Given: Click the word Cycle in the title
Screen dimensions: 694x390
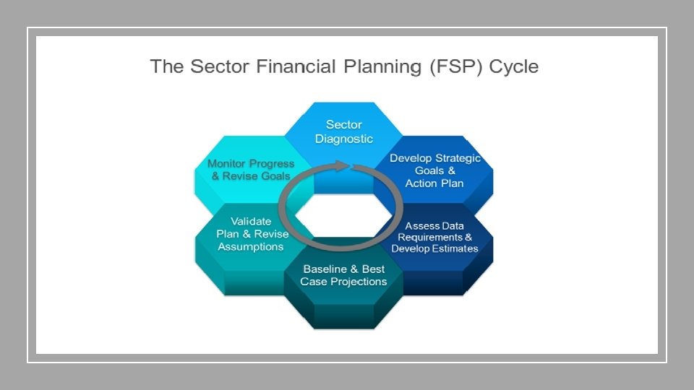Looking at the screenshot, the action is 514,67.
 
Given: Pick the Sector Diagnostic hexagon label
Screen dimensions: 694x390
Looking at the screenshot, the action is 344,131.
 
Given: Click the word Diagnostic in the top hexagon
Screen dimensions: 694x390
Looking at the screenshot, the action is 344,139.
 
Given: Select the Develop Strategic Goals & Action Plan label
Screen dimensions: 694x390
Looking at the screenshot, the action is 434,170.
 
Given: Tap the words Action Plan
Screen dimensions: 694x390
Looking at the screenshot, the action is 434,183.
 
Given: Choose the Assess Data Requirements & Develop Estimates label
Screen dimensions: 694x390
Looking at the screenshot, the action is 434,237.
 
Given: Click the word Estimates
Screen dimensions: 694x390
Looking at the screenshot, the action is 455,248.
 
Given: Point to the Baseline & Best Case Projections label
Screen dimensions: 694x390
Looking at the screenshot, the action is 343,275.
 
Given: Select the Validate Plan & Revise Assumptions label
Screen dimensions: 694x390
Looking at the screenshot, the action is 252,233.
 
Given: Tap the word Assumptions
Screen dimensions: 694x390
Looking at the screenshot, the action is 252,246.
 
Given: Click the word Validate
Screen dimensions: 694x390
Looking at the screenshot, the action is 252,221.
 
